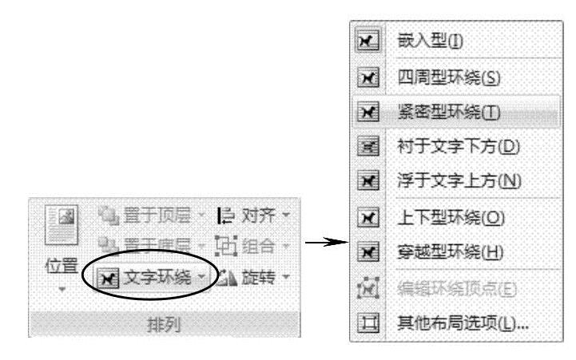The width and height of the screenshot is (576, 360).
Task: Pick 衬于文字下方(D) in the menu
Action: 447,147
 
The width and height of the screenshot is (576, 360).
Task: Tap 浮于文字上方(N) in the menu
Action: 447,181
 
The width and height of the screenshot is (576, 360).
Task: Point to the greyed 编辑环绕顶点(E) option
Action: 447,287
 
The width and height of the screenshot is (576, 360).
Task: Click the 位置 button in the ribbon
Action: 59,267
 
